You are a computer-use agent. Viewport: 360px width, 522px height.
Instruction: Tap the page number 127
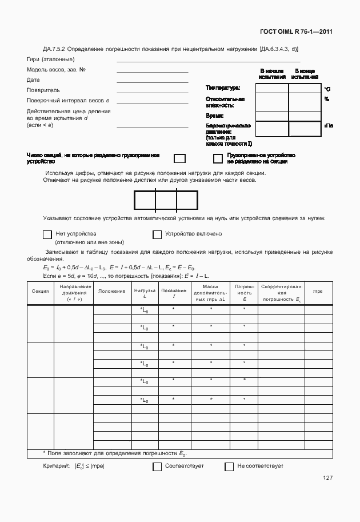327,478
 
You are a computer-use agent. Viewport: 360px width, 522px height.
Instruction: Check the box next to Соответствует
157,467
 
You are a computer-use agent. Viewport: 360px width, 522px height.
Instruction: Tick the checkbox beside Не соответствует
229,467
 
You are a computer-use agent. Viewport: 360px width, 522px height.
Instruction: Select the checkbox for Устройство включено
157,234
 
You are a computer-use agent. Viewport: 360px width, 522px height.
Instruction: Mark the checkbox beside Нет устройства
47,234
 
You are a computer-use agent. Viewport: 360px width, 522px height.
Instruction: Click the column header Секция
40,292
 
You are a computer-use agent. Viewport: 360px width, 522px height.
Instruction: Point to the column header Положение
112,292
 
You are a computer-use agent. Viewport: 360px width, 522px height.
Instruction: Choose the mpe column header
318,292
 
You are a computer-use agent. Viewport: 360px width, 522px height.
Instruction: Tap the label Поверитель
43,90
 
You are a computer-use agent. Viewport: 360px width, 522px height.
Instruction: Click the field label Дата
33,80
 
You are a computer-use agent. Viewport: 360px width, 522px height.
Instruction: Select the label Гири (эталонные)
50,59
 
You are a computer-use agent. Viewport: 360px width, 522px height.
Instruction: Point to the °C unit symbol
327,89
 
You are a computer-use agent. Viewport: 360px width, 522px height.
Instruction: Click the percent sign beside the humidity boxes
327,99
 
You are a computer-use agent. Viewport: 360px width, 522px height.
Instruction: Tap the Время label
214,115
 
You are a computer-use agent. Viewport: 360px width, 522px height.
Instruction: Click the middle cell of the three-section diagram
166,201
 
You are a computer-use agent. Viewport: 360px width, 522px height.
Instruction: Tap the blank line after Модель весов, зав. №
152,72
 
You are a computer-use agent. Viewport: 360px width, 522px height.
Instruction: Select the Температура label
222,88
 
